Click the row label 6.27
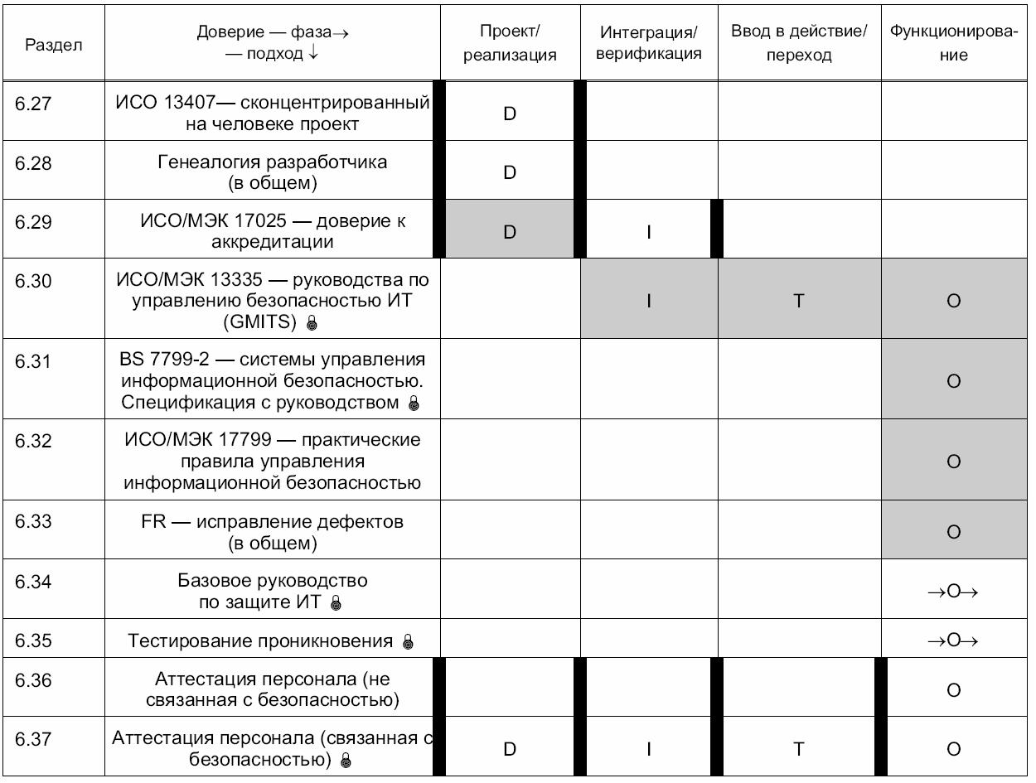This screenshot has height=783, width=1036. [x=34, y=103]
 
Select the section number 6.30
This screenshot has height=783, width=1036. [x=34, y=282]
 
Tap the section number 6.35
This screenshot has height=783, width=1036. [x=34, y=640]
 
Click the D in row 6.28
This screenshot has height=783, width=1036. [x=510, y=172]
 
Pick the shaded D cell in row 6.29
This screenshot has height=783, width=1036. [x=510, y=232]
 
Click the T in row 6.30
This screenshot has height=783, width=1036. [x=799, y=302]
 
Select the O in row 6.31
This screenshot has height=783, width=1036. [x=953, y=381]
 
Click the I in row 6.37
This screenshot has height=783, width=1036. [x=649, y=749]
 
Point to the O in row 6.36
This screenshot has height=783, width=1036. [x=953, y=690]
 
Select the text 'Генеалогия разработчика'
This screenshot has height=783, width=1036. [x=273, y=162]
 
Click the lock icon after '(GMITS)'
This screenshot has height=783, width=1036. [x=312, y=322]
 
